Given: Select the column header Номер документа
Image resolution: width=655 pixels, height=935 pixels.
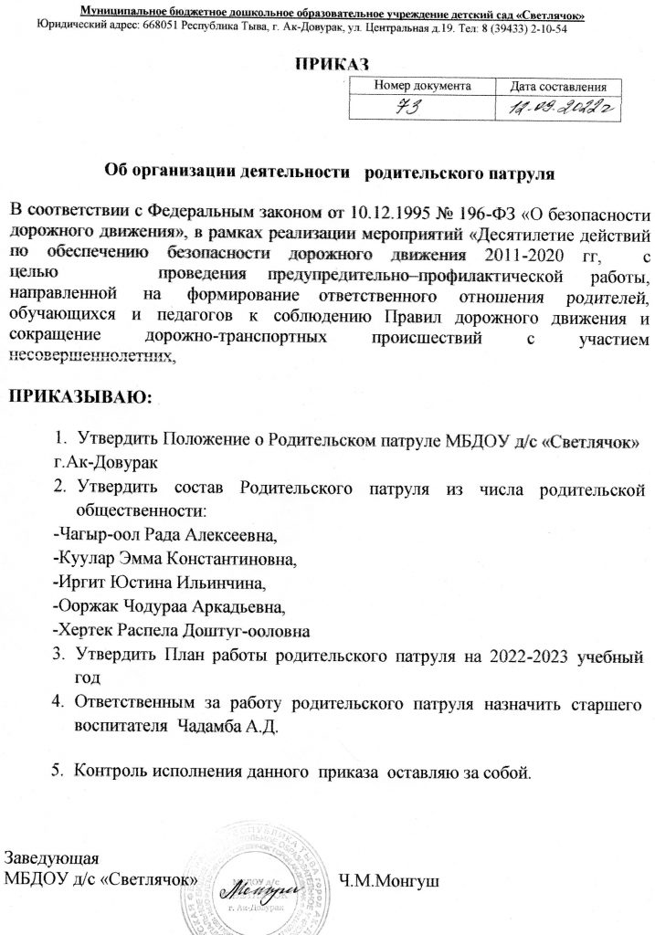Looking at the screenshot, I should [x=423, y=85].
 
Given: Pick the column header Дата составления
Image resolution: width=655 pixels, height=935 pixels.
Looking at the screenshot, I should [x=565, y=86].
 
